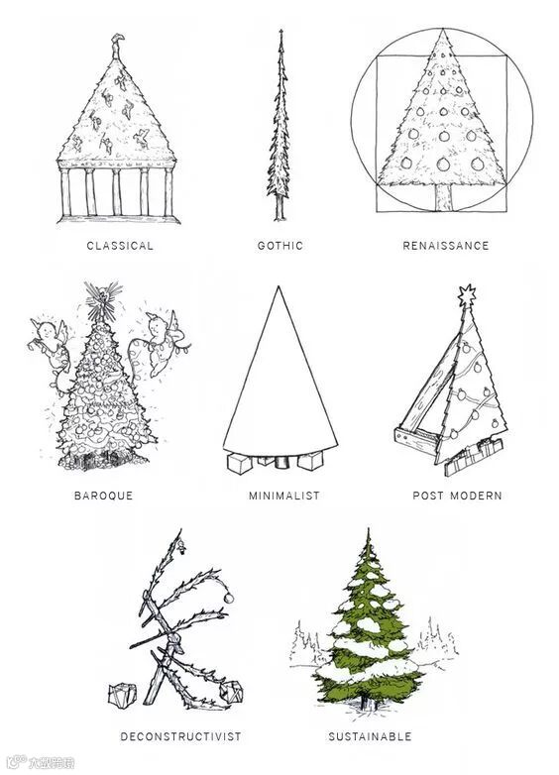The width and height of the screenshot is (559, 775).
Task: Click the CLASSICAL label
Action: (x=120, y=246)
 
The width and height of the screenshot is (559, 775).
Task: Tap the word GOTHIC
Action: (x=279, y=246)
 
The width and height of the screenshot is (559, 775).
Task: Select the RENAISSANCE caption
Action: (x=445, y=246)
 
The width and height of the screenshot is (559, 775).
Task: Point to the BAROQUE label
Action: (x=104, y=496)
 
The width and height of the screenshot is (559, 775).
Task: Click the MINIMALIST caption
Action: (x=284, y=496)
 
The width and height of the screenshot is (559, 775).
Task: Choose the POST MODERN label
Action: (x=457, y=496)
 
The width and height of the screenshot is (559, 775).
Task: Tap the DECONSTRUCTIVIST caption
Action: (x=181, y=736)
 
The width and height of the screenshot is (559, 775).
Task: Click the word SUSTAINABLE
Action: (x=371, y=736)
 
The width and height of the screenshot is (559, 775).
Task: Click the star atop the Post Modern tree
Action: (x=466, y=295)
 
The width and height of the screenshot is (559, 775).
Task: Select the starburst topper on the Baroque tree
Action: (x=102, y=299)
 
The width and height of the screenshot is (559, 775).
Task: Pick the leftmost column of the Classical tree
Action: (x=64, y=193)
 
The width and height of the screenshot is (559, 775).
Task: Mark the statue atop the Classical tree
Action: (x=117, y=46)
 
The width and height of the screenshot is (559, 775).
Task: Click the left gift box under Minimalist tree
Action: (x=239, y=464)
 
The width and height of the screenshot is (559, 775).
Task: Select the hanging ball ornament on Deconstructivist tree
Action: (x=229, y=598)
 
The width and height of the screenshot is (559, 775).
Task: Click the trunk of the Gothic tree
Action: (x=279, y=207)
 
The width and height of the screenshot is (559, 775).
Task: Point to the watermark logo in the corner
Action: (x=41, y=763)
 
